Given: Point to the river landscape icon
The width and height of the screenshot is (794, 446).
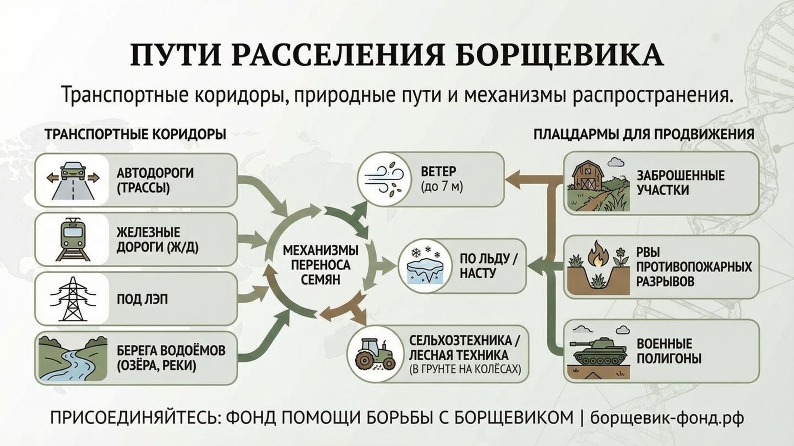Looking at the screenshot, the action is (72, 358).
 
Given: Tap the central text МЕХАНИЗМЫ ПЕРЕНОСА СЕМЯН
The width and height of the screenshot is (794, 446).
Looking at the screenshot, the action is (320, 265).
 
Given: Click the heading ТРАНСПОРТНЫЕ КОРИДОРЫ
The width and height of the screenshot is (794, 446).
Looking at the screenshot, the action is (136, 135).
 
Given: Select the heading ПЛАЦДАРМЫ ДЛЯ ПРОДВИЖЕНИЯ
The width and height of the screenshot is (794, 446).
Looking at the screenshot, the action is (644, 134).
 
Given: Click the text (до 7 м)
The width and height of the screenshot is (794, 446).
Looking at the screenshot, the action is (442, 187).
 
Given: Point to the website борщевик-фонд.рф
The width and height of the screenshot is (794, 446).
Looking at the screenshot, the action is (667, 418).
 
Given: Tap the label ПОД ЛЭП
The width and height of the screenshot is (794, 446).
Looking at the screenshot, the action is (142, 299).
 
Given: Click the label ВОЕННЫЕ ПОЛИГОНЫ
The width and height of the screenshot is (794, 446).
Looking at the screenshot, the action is (669, 351).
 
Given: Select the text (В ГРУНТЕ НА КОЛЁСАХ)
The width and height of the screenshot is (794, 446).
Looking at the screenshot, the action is (465, 369).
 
